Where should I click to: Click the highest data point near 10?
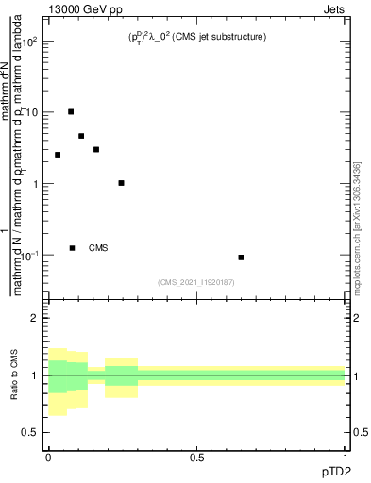[71, 111]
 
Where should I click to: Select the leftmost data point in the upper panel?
[58, 155]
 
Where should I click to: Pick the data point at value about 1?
[122, 183]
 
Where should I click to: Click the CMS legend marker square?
[72, 248]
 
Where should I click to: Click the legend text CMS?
[98, 248]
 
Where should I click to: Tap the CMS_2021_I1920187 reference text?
[197, 282]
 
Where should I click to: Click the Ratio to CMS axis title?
[15, 375]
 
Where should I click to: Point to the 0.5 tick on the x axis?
[197, 457]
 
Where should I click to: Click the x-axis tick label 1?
[346, 457]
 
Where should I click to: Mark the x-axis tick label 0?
[48, 457]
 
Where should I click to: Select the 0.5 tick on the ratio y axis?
[30, 432]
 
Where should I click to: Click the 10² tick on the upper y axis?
[30, 41]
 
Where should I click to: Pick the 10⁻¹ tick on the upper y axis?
[30, 255]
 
